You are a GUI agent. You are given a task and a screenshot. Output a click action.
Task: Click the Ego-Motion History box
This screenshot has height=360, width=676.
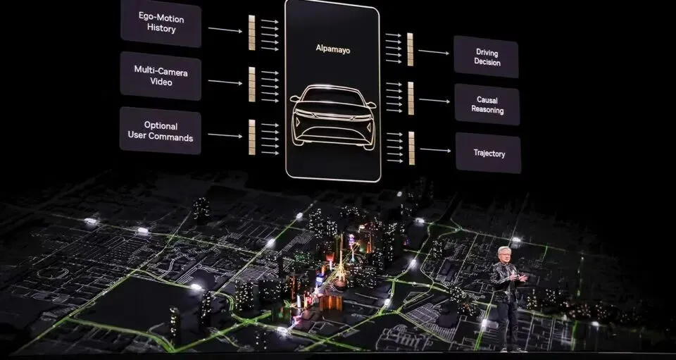[161, 23]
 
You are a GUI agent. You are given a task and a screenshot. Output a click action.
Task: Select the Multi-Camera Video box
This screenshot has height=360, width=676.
[161, 76]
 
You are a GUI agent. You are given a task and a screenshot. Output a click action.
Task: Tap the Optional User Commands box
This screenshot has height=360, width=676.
[161, 131]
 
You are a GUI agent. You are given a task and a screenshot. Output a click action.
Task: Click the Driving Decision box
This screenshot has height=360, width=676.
[487, 57]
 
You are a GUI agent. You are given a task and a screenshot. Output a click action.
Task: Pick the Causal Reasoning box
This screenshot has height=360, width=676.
[487, 105]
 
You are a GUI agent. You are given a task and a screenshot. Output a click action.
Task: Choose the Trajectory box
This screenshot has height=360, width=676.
[488, 153]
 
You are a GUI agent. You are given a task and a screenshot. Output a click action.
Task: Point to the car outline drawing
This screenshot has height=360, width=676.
[332, 116]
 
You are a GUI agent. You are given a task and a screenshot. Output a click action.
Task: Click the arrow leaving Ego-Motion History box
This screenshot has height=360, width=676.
[225, 30]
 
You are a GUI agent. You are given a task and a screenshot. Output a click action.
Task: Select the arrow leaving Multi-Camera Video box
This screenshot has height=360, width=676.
[225, 82]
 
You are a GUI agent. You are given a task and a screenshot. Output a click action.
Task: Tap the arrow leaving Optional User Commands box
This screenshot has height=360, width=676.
[225, 135]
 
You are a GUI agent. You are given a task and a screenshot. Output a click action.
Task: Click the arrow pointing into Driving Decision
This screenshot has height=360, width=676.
[434, 51]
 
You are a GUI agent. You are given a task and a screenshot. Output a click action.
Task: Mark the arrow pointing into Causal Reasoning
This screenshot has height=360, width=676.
[434, 100]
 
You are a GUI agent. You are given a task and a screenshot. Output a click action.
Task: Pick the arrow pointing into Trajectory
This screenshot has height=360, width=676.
[435, 149]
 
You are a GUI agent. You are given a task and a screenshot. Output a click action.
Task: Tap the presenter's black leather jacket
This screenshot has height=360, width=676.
[506, 280]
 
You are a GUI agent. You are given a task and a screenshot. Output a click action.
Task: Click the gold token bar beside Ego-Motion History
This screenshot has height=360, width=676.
[251, 33]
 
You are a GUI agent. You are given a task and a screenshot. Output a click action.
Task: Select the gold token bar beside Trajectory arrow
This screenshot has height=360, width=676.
[411, 148]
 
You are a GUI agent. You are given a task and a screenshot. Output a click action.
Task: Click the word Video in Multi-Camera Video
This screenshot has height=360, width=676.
[161, 82]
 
